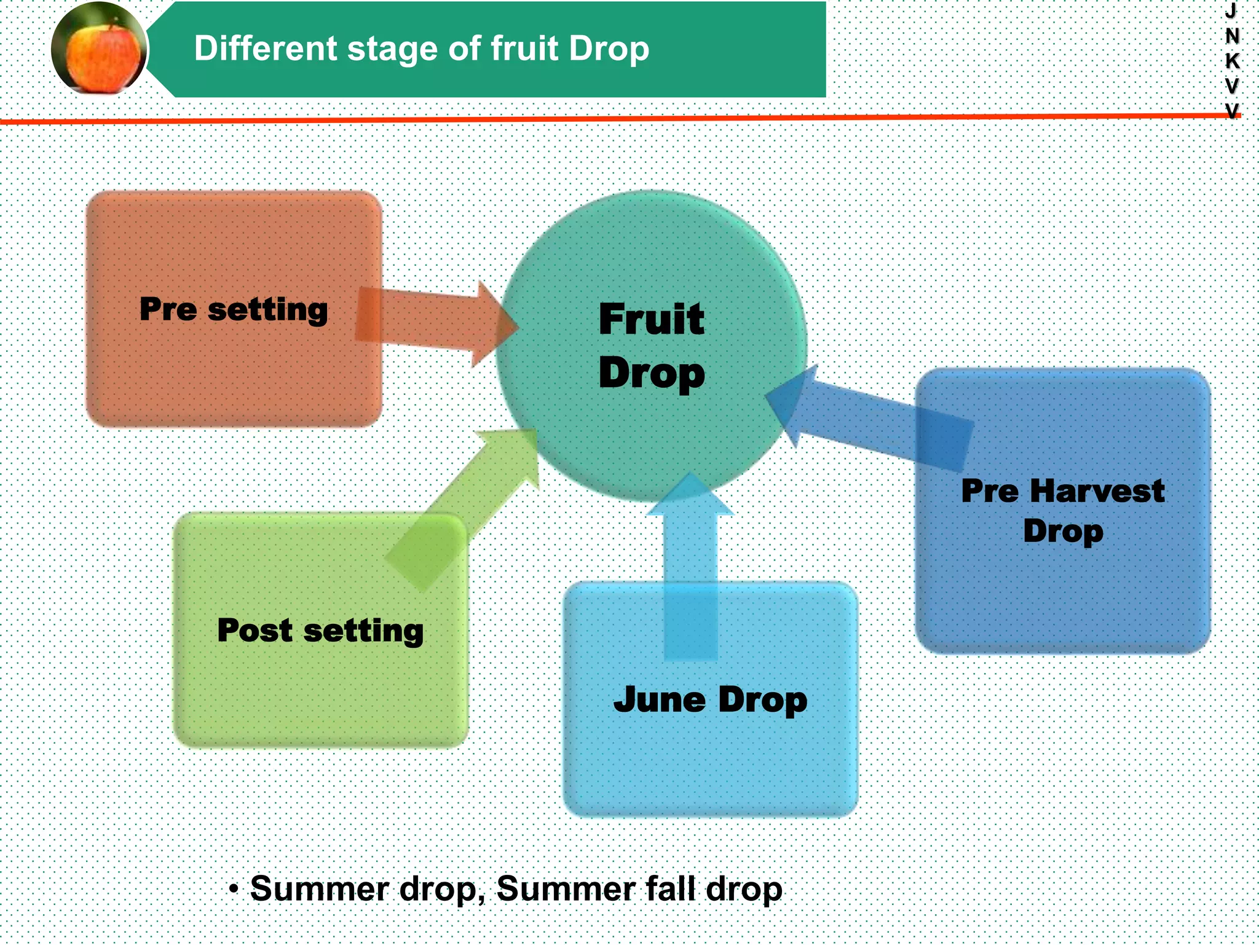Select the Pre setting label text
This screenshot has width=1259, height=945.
234,309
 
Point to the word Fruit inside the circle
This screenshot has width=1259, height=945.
652,319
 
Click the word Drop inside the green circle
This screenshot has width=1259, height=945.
652,373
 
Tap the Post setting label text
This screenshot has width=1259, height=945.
320,631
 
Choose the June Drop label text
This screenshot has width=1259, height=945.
710,700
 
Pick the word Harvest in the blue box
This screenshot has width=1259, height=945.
1097,491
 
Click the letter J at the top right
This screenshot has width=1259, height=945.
1231,10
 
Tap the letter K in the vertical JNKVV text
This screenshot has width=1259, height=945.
1232,61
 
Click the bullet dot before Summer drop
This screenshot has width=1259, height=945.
234,888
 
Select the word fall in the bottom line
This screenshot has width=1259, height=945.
672,888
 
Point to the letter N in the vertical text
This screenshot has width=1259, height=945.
1232,36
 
